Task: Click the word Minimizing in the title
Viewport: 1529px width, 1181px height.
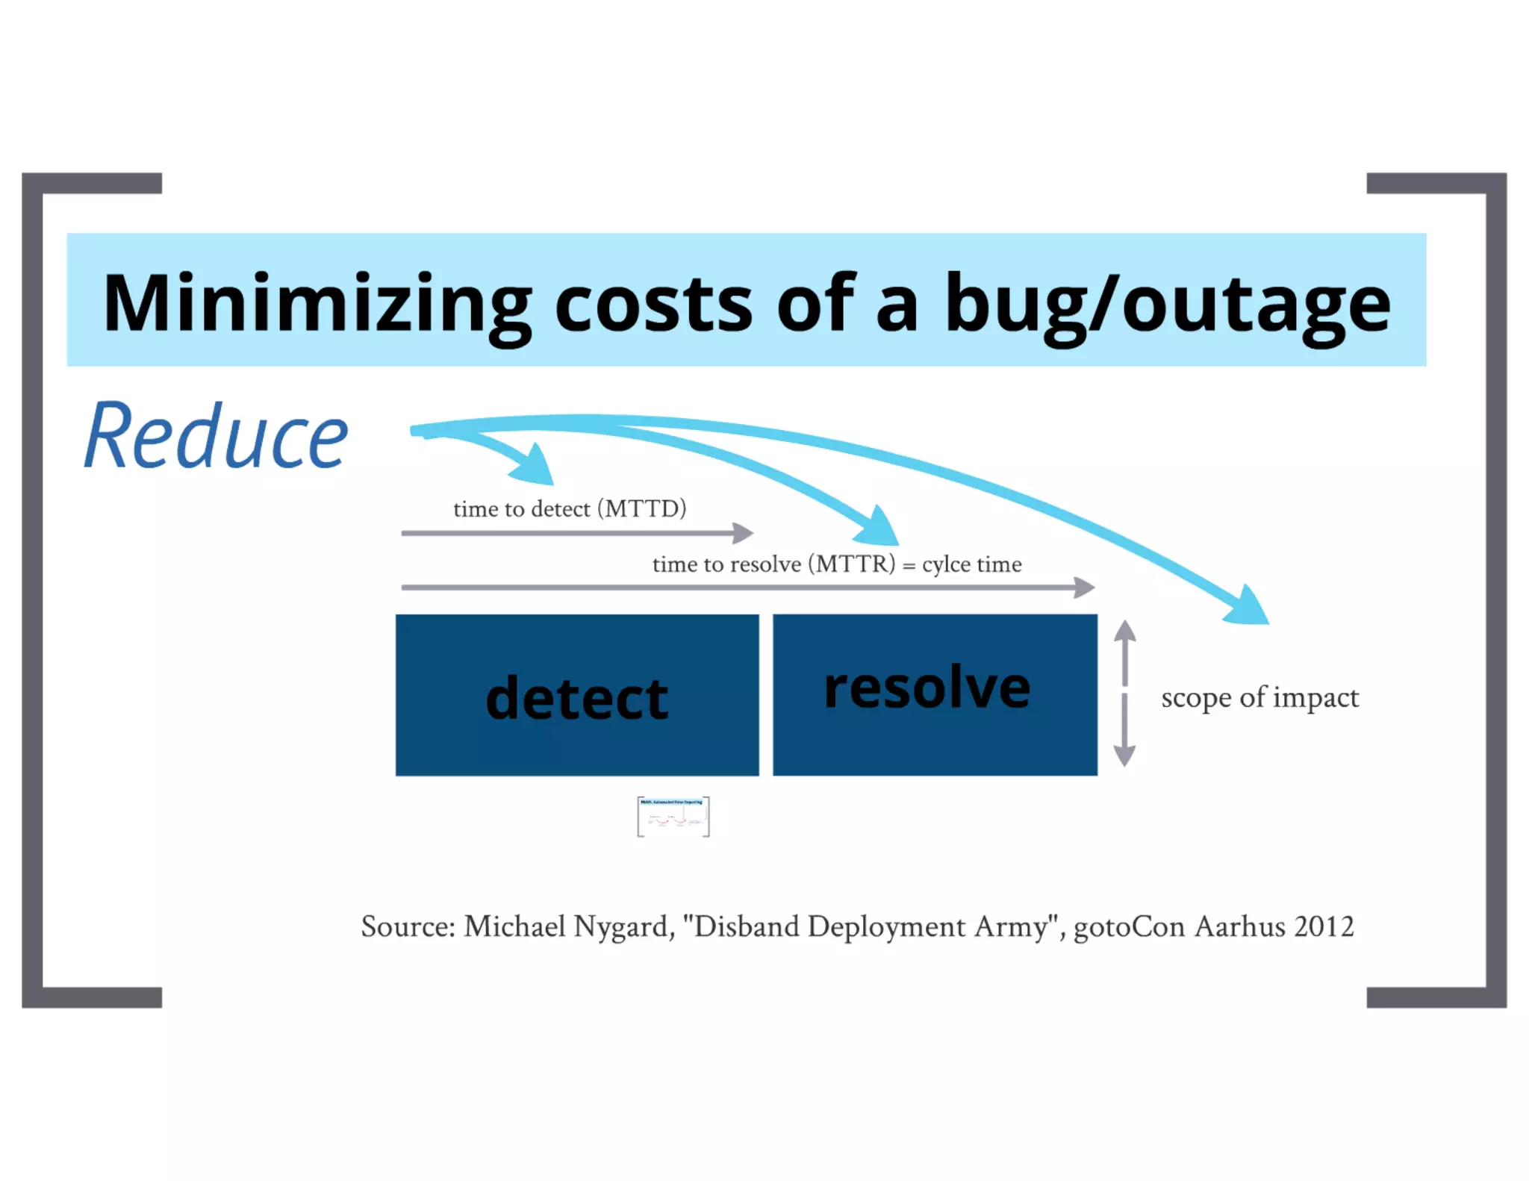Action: [x=317, y=304]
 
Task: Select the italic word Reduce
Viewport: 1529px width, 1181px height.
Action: [x=216, y=436]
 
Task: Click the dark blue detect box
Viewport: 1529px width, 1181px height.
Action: [x=577, y=695]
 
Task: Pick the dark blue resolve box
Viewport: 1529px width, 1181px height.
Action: [x=935, y=695]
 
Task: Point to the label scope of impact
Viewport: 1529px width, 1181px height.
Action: [x=1259, y=697]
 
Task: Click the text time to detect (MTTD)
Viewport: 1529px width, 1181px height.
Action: [x=570, y=509]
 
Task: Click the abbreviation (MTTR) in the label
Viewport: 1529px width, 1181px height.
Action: [x=851, y=564]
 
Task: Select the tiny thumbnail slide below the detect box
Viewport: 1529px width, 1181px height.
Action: [x=673, y=817]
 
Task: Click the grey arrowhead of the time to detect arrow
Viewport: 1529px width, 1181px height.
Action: [x=744, y=533]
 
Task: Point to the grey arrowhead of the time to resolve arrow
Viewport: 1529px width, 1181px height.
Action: [x=1085, y=588]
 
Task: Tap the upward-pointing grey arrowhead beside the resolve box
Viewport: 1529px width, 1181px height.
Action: [x=1124, y=632]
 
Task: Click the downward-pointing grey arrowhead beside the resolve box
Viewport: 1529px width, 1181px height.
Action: [x=1124, y=755]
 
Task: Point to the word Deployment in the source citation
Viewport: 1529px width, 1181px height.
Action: [x=886, y=927]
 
